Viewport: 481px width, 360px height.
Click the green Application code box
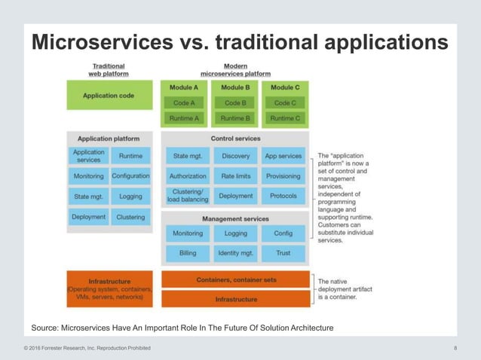pyautogui.click(x=109, y=96)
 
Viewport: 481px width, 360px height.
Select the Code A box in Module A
pyautogui.click(x=184, y=103)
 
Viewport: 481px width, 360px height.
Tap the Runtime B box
pyautogui.click(x=235, y=118)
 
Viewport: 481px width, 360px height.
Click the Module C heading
pyautogui.click(x=285, y=87)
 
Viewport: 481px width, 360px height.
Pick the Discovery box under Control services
pyautogui.click(x=235, y=157)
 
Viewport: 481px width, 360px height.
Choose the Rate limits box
pyautogui.click(x=235, y=176)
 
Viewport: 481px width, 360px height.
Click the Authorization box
pyautogui.click(x=188, y=176)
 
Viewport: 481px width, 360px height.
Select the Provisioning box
pyautogui.click(x=283, y=176)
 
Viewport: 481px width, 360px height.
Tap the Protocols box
pyautogui.click(x=283, y=196)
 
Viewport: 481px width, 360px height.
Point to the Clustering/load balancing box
pyautogui.click(x=188, y=196)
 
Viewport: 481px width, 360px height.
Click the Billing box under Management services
pyautogui.click(x=188, y=254)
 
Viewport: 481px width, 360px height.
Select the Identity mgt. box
pyautogui.click(x=235, y=254)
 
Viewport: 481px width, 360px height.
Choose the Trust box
pyautogui.click(x=283, y=254)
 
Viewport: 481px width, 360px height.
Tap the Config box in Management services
pyautogui.click(x=283, y=234)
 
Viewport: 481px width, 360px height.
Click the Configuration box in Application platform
pyautogui.click(x=130, y=176)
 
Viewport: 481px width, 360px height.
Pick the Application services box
pyautogui.click(x=89, y=156)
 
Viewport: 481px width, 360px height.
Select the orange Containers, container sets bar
pyautogui.click(x=236, y=280)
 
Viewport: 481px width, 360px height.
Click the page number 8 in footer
pyautogui.click(x=455, y=348)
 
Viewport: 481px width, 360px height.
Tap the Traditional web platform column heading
pyautogui.click(x=110, y=70)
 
